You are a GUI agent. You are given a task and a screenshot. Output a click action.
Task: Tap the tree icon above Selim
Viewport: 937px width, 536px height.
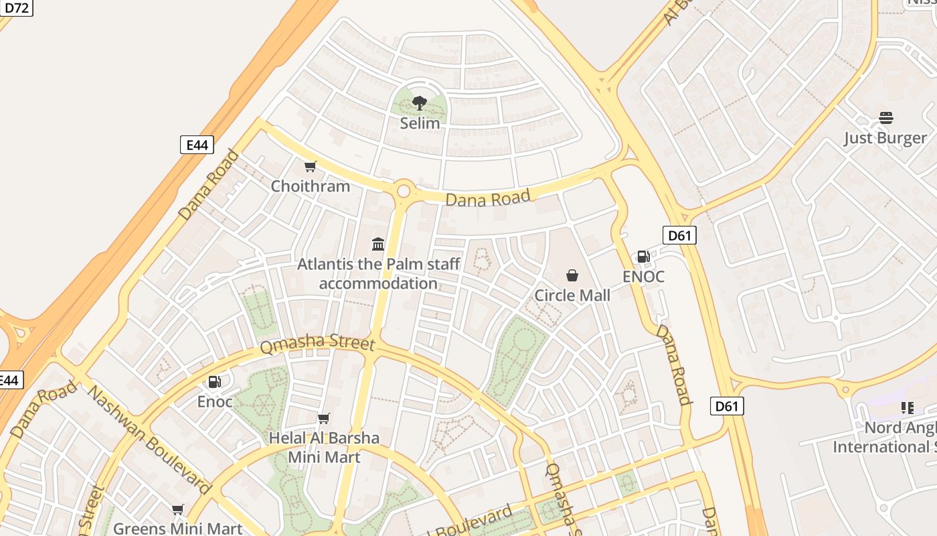[420, 103]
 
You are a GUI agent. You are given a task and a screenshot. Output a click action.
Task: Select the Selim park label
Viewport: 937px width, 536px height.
[420, 123]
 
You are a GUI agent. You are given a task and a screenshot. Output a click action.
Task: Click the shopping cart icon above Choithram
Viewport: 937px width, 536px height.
[310, 166]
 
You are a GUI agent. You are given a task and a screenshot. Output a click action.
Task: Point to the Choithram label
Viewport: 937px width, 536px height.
[310, 186]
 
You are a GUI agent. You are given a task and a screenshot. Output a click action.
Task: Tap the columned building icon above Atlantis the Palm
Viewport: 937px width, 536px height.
[378, 244]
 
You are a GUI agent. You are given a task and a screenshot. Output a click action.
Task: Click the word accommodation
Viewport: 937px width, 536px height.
[378, 283]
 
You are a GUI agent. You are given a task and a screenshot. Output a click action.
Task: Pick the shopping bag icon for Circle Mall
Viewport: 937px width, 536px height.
[572, 275]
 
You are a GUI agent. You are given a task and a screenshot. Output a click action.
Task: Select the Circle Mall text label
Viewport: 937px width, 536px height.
[572, 295]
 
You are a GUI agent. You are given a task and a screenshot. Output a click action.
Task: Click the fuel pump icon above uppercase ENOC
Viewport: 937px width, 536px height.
[643, 257]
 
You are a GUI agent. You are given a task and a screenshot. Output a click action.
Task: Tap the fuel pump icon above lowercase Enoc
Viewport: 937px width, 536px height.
[214, 382]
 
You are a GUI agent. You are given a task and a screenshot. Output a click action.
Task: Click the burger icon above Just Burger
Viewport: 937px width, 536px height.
[885, 119]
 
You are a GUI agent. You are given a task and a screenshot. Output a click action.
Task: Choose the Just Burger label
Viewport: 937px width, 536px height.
[885, 139]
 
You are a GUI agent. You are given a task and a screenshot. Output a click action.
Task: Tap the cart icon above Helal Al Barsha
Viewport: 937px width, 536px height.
[324, 419]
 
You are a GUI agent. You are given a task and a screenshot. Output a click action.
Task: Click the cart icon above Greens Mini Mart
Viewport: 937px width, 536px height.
[177, 510]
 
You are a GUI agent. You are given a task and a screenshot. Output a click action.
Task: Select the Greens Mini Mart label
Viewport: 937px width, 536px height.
[177, 529]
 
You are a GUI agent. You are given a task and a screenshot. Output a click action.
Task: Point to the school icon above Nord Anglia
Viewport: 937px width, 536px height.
[908, 407]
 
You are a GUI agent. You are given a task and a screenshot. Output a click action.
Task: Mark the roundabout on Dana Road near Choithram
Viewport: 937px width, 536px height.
[404, 191]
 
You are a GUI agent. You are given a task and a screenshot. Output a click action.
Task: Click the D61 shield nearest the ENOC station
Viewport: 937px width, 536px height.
[679, 235]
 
